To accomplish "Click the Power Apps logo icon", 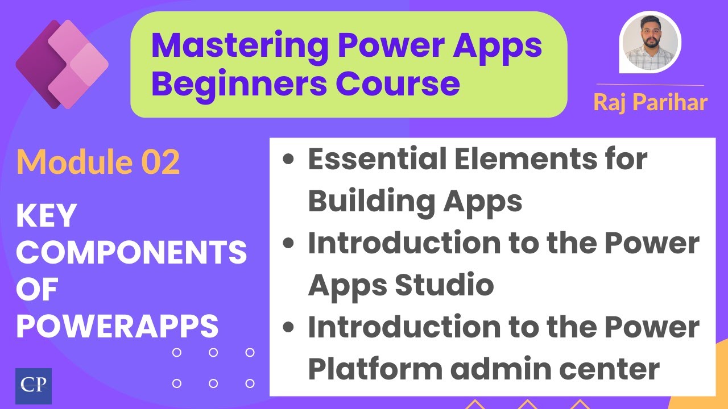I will point(61,64).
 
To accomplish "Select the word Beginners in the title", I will point(238,83).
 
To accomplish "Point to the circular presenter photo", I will point(650,42).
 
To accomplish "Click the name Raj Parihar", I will point(650,102).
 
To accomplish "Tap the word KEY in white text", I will point(46,216).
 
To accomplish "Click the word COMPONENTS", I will point(131,253).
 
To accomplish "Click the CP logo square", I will point(34,386).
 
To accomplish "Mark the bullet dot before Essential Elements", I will point(289,160).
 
